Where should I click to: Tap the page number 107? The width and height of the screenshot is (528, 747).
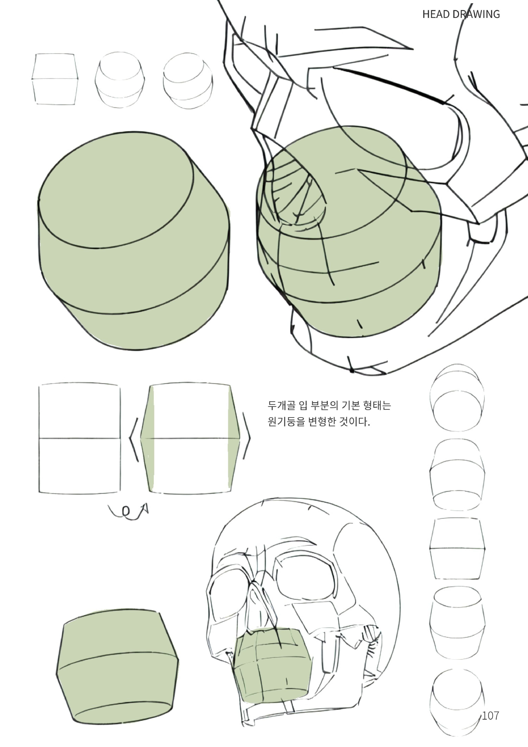point(490,715)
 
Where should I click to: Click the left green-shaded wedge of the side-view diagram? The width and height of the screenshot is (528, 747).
point(147,439)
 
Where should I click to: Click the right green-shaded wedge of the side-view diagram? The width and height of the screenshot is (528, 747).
point(234,439)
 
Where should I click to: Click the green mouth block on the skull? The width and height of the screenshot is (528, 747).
point(272,667)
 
